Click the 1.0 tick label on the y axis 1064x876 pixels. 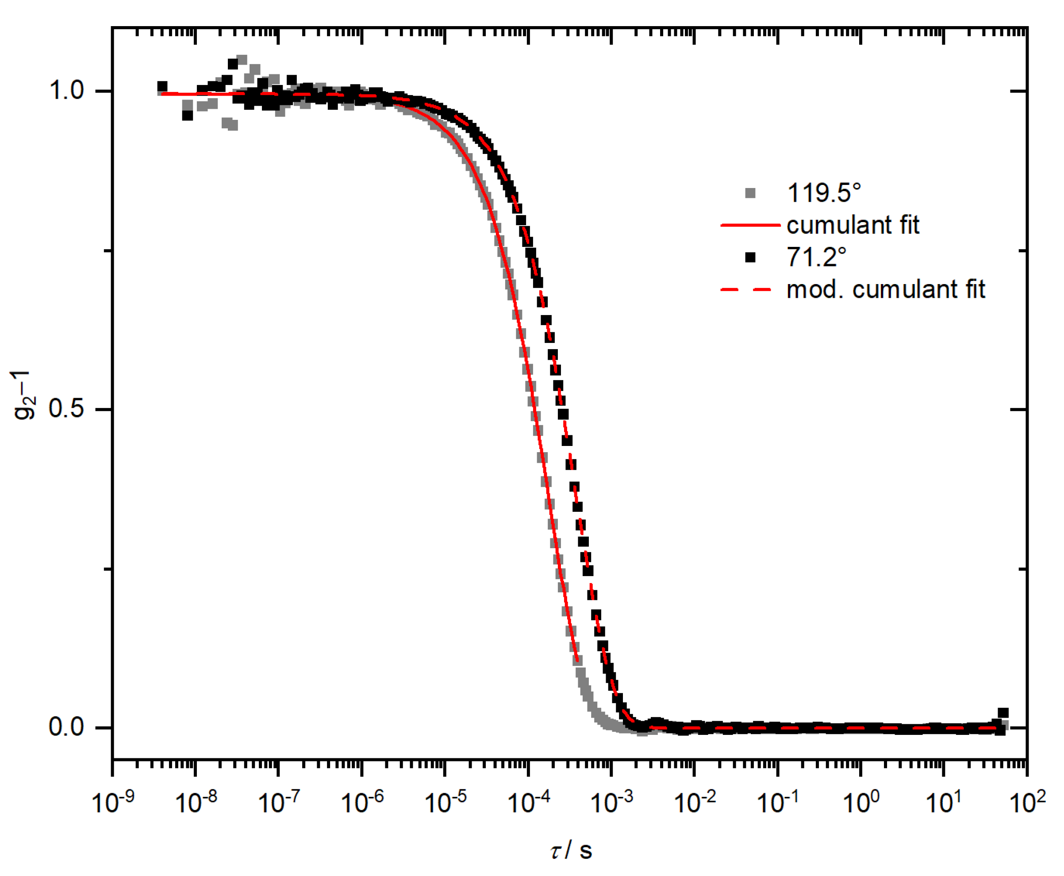pyautogui.click(x=66, y=91)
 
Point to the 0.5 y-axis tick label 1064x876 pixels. pyautogui.click(x=66, y=409)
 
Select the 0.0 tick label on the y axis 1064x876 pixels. pyautogui.click(x=66, y=727)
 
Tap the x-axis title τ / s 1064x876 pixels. pyautogui.click(x=571, y=851)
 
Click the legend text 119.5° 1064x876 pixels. pyautogui.click(x=823, y=193)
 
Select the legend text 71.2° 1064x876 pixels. pyautogui.click(x=816, y=257)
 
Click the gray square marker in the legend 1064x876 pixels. pyautogui.click(x=750, y=193)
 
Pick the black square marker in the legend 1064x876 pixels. pyautogui.click(x=750, y=257)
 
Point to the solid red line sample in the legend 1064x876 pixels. pyautogui.click(x=750, y=225)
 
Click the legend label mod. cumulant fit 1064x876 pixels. pyautogui.click(x=885, y=290)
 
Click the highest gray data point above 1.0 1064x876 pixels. pyautogui.click(x=242, y=60)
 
